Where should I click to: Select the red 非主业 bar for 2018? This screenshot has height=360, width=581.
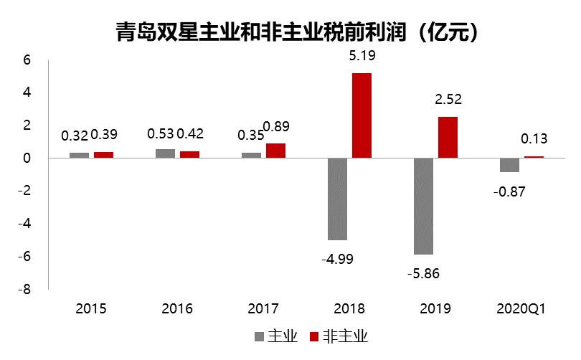362,115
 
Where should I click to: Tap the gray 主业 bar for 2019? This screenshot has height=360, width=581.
423,206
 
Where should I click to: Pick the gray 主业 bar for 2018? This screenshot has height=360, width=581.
337,199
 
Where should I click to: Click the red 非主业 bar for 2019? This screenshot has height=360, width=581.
448,137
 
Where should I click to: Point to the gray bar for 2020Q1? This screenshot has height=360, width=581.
509,165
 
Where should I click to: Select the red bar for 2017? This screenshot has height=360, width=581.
275,151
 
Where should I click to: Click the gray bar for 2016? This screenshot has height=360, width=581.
165,153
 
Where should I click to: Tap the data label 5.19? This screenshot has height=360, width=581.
362,55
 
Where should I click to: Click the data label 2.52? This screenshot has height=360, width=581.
448,99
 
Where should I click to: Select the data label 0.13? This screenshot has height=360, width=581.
534,138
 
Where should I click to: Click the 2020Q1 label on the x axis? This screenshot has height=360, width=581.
521,309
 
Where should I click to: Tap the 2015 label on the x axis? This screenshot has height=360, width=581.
91,309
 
